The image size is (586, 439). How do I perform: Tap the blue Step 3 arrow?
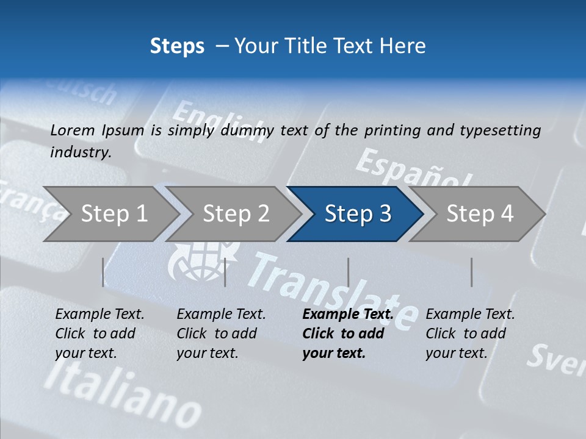(358, 214)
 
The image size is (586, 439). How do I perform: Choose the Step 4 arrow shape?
(480, 214)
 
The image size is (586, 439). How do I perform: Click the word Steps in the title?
(177, 46)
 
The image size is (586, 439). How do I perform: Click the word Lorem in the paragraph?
(72, 130)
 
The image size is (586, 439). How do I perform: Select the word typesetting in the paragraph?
(499, 130)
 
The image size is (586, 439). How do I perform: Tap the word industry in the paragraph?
(80, 152)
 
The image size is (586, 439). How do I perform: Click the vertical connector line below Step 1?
(103, 272)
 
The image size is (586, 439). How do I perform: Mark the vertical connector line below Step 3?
(349, 272)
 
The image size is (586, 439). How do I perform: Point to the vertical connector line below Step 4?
(472, 272)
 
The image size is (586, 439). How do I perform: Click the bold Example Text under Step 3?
(348, 315)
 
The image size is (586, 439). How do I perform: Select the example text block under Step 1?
(99, 334)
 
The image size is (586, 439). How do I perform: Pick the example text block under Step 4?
(470, 334)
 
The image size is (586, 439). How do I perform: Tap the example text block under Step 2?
(221, 334)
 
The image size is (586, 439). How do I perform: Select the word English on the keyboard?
(217, 122)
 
